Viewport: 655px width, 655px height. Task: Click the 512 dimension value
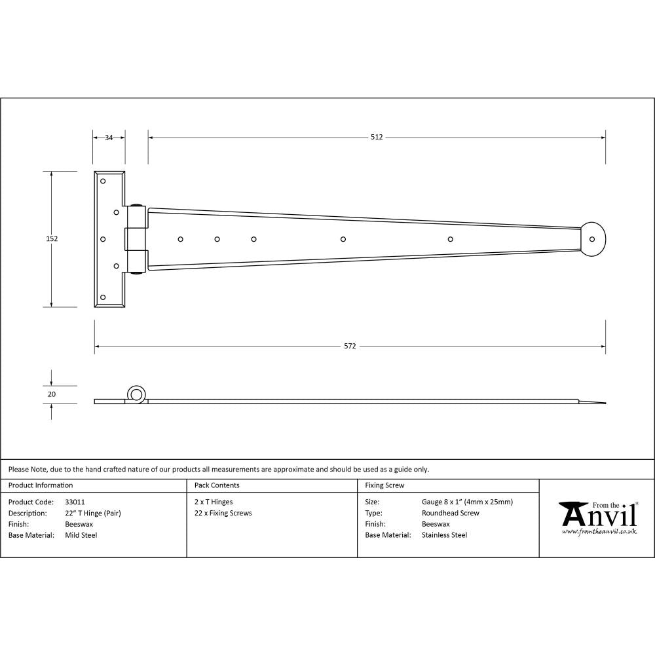click(376, 138)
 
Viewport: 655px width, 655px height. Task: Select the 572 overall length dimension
click(350, 346)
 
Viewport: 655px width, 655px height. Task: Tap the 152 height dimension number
click(52, 239)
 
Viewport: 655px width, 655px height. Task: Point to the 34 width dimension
click(109, 138)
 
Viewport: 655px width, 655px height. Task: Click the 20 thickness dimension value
click(52, 394)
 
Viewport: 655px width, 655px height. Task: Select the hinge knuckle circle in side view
click(137, 394)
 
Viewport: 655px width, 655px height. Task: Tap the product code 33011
click(75, 502)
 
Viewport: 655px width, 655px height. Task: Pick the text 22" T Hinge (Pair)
click(93, 514)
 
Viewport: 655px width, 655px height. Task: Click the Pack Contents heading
click(217, 485)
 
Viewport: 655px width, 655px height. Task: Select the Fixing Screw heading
click(384, 485)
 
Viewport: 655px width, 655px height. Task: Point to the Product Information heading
click(41, 485)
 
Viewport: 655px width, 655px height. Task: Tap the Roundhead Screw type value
click(450, 514)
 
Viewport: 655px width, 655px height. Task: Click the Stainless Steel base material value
click(444, 535)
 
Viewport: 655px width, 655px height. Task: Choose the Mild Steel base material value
click(81, 535)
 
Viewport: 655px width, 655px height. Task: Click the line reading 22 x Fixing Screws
click(223, 514)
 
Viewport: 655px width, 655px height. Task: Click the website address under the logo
click(599, 532)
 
